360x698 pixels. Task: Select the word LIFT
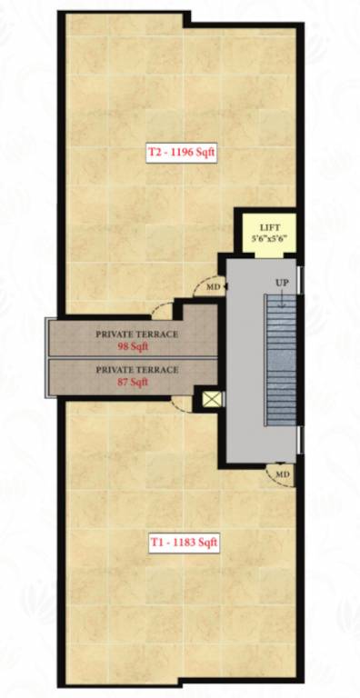tap(268, 228)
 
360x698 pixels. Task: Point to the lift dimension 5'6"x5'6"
tap(268, 240)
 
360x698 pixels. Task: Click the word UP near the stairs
tap(282, 284)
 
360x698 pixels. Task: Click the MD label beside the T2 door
tap(213, 287)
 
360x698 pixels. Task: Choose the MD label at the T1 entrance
tap(282, 474)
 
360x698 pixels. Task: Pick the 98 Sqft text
tap(136, 347)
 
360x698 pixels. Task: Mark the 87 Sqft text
tap(136, 382)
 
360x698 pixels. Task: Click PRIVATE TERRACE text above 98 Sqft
tap(137, 334)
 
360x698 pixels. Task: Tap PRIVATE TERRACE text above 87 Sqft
tap(137, 369)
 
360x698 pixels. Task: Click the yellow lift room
tap(267, 234)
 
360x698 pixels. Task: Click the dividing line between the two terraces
tap(136, 358)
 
